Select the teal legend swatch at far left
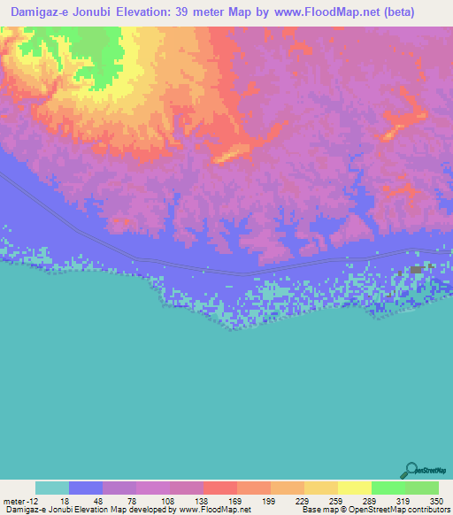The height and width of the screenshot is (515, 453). [52, 488]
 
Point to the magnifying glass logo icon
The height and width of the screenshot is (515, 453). [411, 470]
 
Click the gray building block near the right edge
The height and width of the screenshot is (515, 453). [416, 269]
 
